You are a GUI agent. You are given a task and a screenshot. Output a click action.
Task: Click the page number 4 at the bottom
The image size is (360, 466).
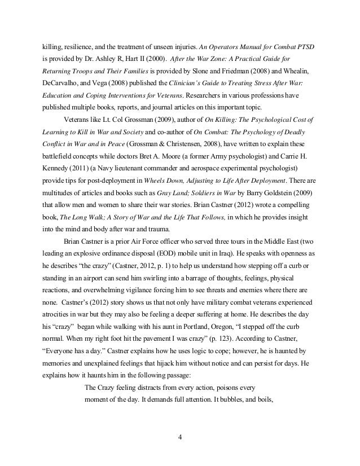click(x=179, y=436)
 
